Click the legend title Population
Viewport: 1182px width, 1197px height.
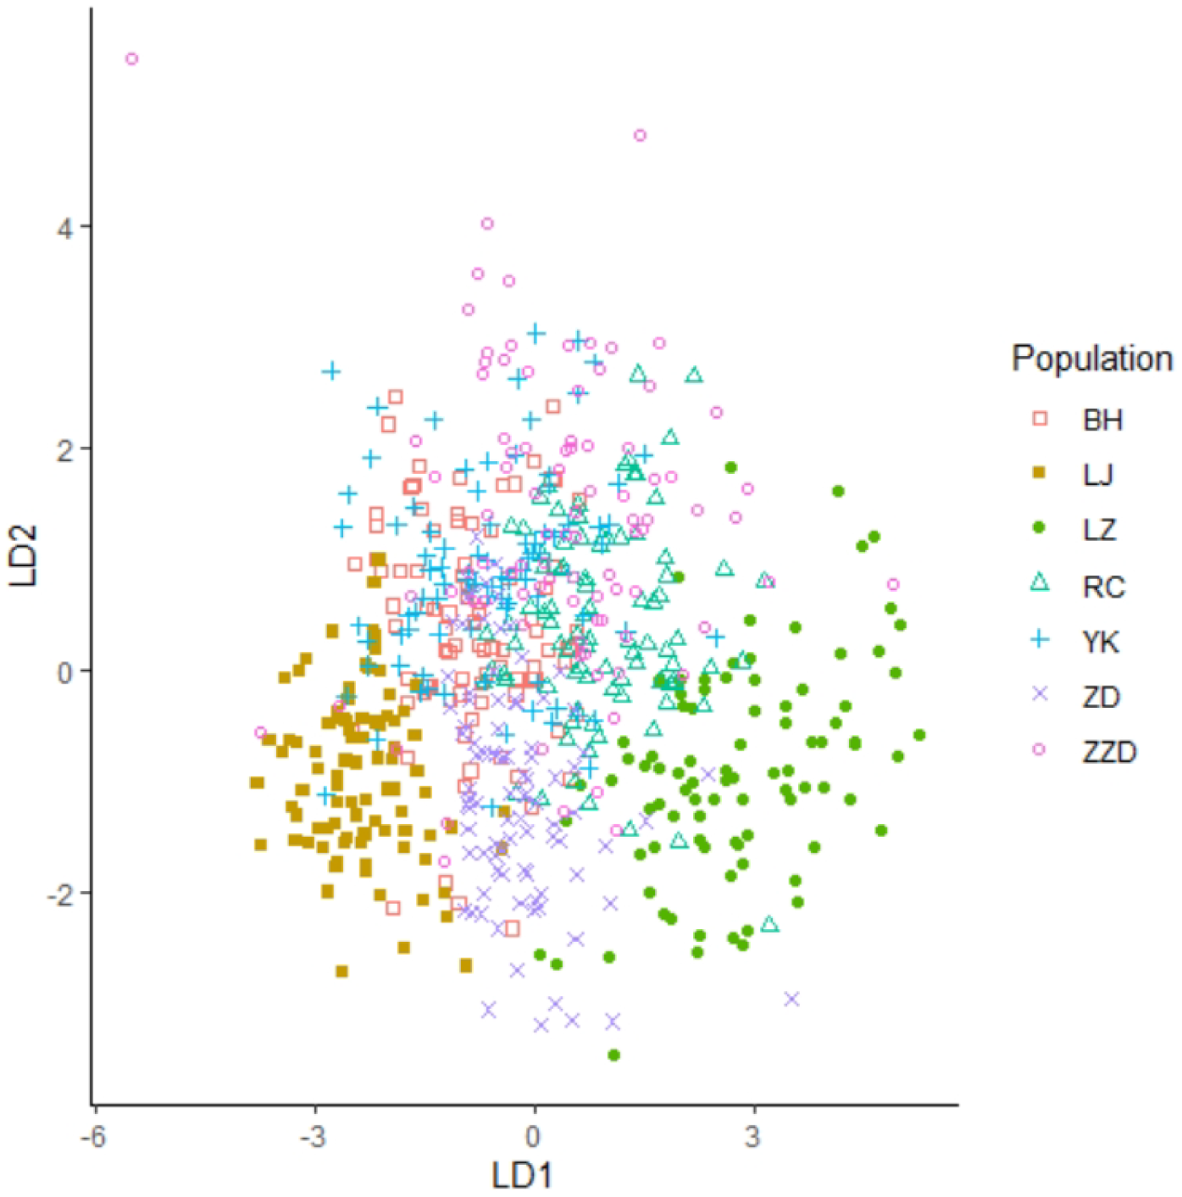pos(1091,359)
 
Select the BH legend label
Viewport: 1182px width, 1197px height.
pos(1102,420)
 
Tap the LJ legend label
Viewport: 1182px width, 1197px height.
pos(1098,475)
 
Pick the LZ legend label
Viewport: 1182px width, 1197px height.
pos(1099,530)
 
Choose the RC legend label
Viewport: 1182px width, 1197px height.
pos(1103,586)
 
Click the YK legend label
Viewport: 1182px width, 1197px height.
pos(1101,642)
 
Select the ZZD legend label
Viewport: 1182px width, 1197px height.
pos(1109,752)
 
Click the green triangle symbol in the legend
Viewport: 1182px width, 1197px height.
pos(1040,582)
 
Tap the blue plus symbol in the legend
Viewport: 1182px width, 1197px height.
pos(1040,639)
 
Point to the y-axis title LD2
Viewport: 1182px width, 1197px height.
pos(25,555)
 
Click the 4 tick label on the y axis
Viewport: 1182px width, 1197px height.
pos(64,227)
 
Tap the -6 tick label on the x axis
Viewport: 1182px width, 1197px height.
pos(93,1137)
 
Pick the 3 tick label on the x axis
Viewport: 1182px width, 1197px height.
pos(753,1137)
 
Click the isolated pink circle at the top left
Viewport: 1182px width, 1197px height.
pos(132,59)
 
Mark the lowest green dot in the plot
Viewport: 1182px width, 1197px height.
pos(614,1055)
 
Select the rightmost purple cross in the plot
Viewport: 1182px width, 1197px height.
pos(792,999)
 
